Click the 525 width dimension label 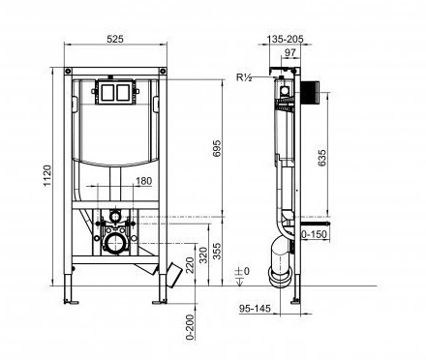point(115,39)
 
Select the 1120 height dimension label point(47,176)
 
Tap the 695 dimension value point(217,148)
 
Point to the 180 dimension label point(143,181)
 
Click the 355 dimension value point(218,251)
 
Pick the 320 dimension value point(203,255)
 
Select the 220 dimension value point(191,265)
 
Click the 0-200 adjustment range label point(191,327)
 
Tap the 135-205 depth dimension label point(285,39)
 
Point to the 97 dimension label point(290,52)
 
